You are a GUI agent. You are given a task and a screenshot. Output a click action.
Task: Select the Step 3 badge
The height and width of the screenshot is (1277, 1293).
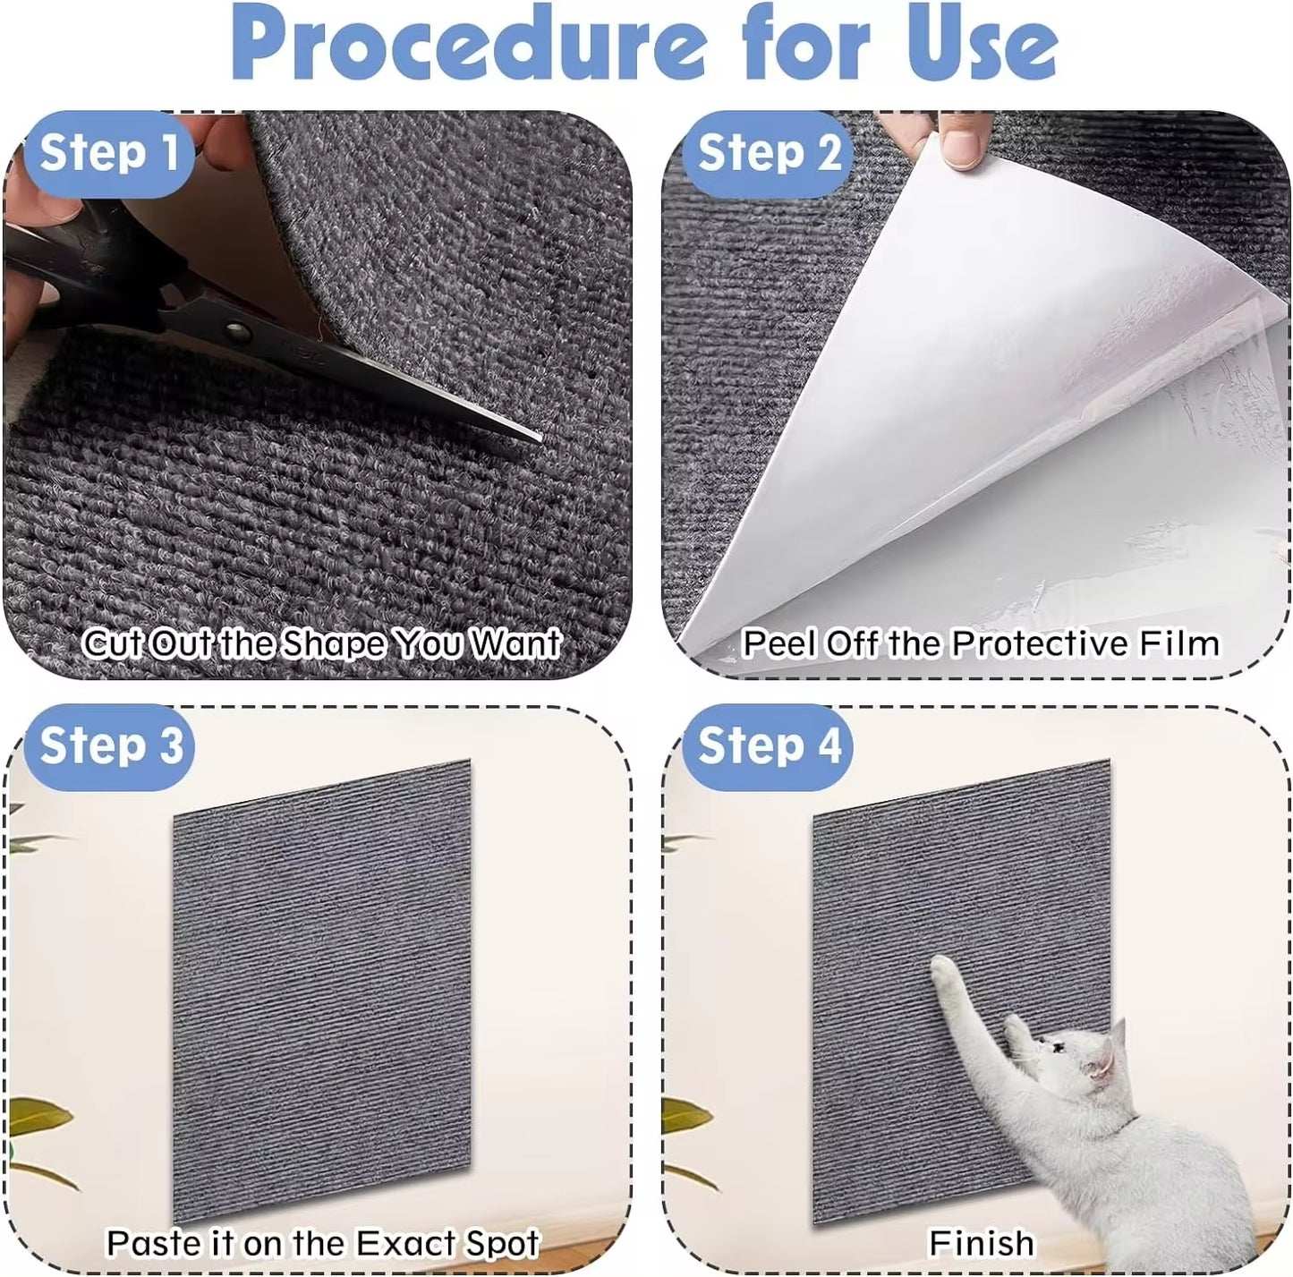[x=110, y=745]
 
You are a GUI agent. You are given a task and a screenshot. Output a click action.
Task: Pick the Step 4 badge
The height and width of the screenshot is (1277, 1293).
[x=769, y=745]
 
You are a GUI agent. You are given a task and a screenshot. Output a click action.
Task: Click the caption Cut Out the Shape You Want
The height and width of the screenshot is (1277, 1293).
[x=320, y=643]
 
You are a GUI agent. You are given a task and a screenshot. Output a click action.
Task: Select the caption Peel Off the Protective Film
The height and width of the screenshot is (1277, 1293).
[x=981, y=643]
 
